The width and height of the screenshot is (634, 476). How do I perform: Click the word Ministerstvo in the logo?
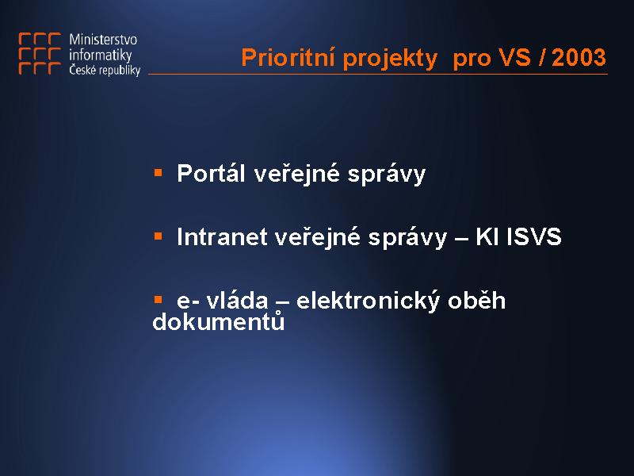[x=103, y=39]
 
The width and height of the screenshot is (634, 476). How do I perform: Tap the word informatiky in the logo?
[x=101, y=55]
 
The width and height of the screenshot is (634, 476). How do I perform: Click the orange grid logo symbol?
[x=40, y=54]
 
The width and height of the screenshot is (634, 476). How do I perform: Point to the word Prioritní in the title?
[x=288, y=57]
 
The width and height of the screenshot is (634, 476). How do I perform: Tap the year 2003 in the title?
[x=579, y=57]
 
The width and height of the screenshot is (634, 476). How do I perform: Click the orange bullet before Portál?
[x=158, y=173]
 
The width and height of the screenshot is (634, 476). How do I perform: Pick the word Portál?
[x=211, y=173]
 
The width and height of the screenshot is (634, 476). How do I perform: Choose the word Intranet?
[x=222, y=236]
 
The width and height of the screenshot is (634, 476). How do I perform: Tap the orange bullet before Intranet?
[x=158, y=236]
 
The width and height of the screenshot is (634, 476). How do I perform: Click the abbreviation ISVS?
[x=534, y=236]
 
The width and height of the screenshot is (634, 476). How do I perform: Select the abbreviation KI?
[x=487, y=236]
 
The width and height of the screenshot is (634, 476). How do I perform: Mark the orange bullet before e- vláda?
[x=158, y=300]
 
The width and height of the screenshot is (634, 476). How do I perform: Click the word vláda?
[x=237, y=301]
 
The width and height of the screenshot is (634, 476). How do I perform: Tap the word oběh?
[x=477, y=301]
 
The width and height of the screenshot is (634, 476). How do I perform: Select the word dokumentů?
[x=219, y=321]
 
